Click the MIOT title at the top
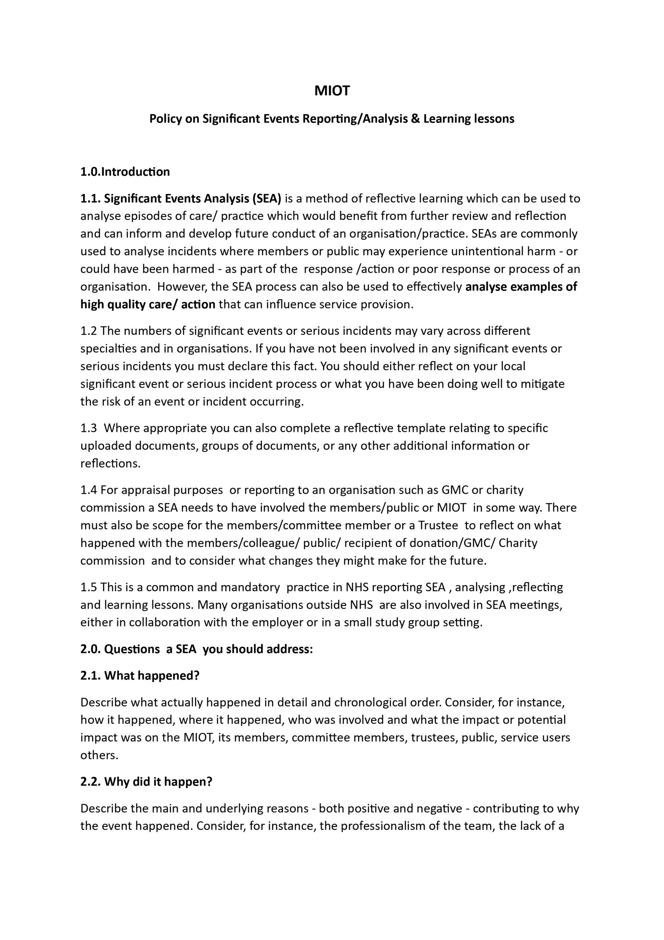(332, 90)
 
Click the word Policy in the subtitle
(165, 119)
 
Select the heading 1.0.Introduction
(125, 171)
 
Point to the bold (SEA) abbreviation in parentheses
(267, 199)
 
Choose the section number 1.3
(89, 428)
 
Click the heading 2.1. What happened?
(139, 676)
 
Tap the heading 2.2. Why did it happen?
(146, 782)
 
